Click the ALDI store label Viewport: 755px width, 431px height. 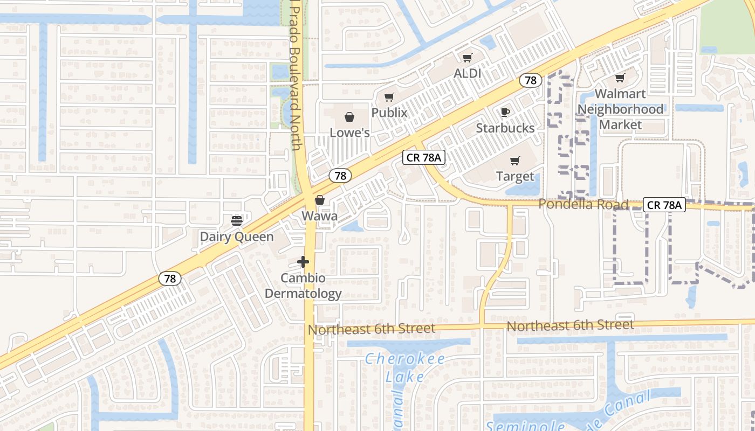467,73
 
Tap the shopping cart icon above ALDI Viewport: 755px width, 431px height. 467,58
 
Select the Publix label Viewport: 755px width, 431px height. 389,113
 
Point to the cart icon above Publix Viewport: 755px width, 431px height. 389,98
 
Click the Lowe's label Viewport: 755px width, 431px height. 349,133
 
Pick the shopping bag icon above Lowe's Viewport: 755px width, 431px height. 349,117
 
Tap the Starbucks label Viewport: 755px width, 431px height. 505,128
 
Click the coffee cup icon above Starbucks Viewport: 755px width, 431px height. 505,112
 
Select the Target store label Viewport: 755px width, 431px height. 515,176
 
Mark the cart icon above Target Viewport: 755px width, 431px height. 514,161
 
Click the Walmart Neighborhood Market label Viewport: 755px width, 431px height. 621,109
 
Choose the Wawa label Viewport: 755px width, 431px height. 320,216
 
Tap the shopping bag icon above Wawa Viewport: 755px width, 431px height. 320,200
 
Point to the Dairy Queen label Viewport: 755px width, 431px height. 237,237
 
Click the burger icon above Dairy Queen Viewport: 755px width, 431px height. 237,220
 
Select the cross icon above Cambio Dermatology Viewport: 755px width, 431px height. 303,262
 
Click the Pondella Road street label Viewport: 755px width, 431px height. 584,205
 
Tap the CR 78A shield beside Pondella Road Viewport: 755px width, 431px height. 664,205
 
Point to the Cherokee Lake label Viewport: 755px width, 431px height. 404,367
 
